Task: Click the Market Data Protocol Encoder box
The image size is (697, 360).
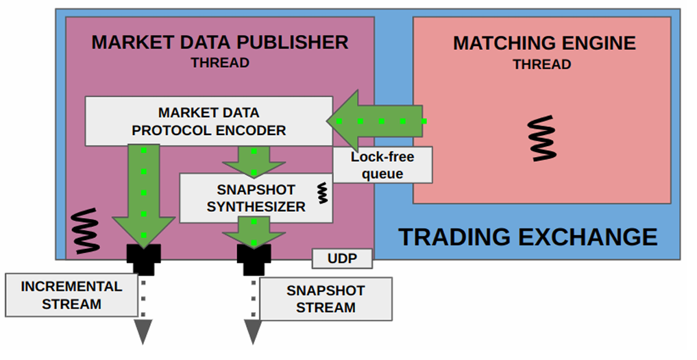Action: (208, 121)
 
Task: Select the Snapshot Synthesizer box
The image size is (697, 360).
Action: (256, 197)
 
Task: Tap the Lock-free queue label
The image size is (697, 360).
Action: (382, 165)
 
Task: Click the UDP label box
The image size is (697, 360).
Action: (342, 259)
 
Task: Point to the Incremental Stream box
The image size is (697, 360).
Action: (71, 295)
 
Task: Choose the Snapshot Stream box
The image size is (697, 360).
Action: (326, 299)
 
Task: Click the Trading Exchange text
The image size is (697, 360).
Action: (528, 237)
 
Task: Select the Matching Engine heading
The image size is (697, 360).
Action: (544, 44)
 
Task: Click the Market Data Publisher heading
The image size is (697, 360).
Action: (219, 42)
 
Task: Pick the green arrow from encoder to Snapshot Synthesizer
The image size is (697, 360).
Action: (254, 162)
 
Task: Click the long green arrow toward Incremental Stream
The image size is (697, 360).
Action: (143, 195)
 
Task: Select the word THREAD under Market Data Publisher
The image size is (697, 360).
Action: (219, 63)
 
